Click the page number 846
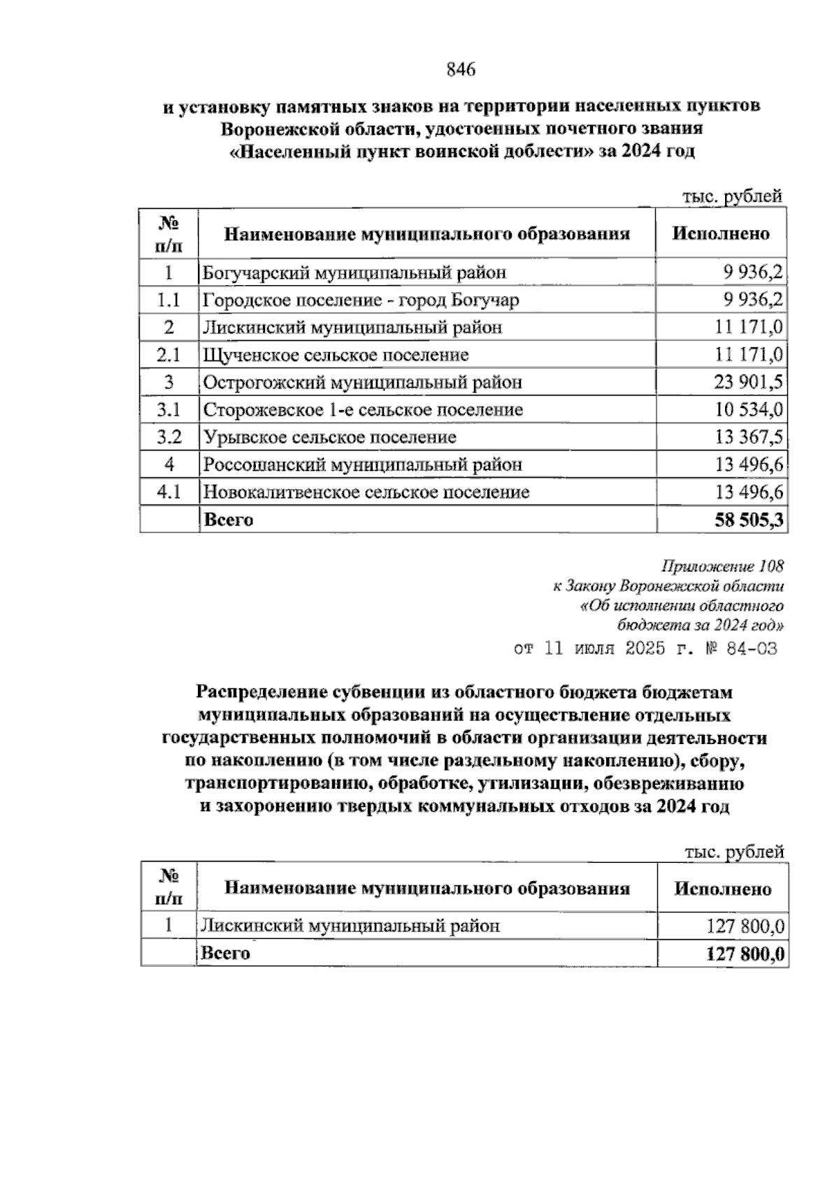[x=460, y=70]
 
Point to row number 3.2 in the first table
[x=169, y=437]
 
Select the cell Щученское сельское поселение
[x=336, y=355]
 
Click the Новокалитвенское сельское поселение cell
[x=366, y=492]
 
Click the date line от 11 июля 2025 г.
[x=645, y=649]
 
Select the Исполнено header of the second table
[x=722, y=889]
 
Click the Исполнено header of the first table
[x=721, y=234]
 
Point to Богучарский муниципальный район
[x=354, y=272]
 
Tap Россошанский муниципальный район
[x=362, y=465]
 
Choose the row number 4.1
[x=169, y=492]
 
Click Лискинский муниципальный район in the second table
[x=350, y=926]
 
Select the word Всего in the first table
[x=228, y=520]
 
